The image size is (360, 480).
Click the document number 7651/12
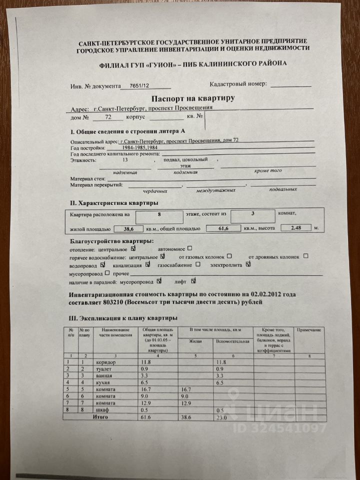(139, 86)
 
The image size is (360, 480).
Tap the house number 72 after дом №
(109, 117)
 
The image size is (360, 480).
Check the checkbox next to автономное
(189, 248)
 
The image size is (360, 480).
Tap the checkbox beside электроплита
(248, 264)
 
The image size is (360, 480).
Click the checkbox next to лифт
(194, 280)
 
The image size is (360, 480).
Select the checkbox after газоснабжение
(198, 264)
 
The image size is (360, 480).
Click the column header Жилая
(195, 341)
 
